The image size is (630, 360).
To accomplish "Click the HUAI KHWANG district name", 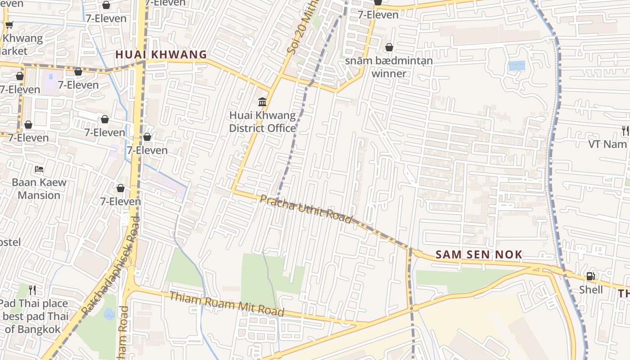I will [161, 54].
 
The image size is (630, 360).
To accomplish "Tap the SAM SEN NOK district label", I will [479, 255].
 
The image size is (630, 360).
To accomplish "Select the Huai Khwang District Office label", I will [262, 122].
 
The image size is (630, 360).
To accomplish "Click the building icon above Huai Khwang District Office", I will [262, 102].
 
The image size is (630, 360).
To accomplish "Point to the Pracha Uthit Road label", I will [306, 209].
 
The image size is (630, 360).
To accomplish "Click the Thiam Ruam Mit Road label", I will [227, 304].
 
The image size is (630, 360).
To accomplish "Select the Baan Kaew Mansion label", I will [39, 189].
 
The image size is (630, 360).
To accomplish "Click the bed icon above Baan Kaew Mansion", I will [39, 169].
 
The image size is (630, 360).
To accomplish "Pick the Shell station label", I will [591, 290].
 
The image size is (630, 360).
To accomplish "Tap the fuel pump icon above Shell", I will [590, 276].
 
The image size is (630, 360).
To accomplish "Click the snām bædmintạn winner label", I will [389, 67].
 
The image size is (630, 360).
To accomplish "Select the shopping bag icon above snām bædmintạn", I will [389, 47].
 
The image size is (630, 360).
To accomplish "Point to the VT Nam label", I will [607, 144].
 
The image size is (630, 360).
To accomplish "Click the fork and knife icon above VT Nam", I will [625, 131].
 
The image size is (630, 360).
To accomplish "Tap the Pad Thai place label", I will [34, 316].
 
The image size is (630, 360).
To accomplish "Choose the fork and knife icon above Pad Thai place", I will [32, 290].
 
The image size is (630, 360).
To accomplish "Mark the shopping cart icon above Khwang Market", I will [9, 24].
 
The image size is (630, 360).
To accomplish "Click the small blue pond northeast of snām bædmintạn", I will [516, 66].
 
